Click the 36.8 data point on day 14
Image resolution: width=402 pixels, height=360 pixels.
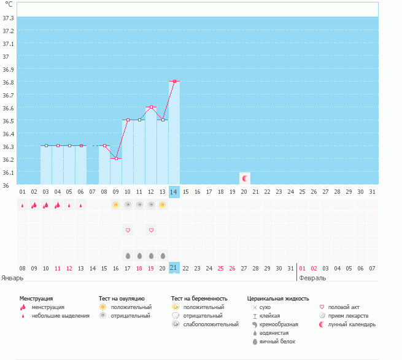click(x=174, y=81)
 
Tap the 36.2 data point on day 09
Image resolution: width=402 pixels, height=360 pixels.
click(x=116, y=158)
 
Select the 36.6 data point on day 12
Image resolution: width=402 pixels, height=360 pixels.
click(x=151, y=107)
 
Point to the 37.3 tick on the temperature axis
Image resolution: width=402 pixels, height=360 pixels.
click(x=9, y=18)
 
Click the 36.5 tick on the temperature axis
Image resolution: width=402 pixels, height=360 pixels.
click(x=9, y=121)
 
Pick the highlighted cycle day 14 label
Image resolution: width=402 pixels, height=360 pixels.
click(x=174, y=192)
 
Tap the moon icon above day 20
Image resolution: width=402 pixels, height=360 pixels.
click(x=244, y=178)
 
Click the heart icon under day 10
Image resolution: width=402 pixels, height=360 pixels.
click(x=128, y=230)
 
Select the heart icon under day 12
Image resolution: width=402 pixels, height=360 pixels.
click(x=151, y=230)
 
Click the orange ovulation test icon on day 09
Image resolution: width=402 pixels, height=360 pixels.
click(x=115, y=205)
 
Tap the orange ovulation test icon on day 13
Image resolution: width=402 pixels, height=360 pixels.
click(x=163, y=205)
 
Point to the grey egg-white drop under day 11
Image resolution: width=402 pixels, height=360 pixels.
click(x=139, y=255)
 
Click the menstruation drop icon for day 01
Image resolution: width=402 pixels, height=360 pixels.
click(x=22, y=205)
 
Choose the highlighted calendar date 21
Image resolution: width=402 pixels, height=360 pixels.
click(x=174, y=268)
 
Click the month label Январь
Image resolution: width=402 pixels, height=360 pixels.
click(x=12, y=278)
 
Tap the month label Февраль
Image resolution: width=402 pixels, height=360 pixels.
click(x=312, y=278)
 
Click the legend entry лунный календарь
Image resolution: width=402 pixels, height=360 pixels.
click(x=351, y=324)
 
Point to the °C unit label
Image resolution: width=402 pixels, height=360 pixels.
click(x=9, y=4)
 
